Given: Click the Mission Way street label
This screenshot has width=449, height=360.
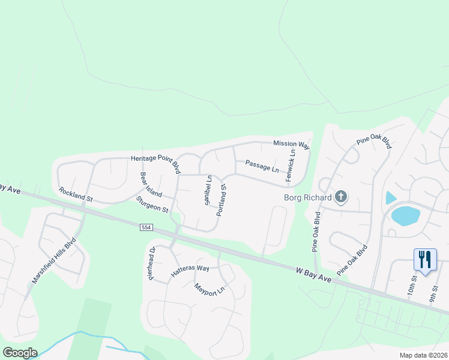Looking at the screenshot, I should click(x=292, y=145).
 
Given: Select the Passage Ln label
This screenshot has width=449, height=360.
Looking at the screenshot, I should click(x=262, y=166).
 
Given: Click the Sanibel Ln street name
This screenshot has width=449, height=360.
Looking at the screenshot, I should click(x=208, y=190).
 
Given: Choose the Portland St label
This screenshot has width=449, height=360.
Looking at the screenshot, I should click(x=221, y=200).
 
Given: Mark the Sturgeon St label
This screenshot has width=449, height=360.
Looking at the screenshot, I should click(x=151, y=204).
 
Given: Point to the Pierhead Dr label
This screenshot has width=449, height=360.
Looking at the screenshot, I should click(x=152, y=263).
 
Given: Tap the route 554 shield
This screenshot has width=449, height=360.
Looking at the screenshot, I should click(x=147, y=228).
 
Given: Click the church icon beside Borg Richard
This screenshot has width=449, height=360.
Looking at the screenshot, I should click(x=341, y=196).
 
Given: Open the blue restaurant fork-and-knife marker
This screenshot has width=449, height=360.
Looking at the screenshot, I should click(x=426, y=260).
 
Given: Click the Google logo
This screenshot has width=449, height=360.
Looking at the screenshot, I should click(x=20, y=353).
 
